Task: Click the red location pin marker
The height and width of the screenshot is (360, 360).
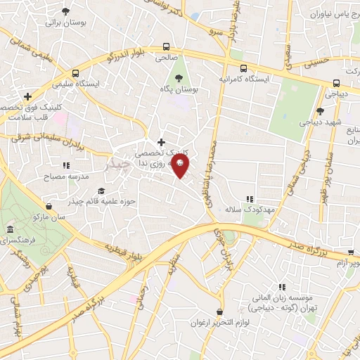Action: pyautogui.click(x=181, y=167)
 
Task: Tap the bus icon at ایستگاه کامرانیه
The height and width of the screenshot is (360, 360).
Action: pyautogui.click(x=243, y=69)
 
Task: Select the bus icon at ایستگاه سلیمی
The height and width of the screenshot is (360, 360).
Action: pyautogui.click(x=75, y=72)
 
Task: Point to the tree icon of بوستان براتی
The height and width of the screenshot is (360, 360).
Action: pyautogui.click(x=65, y=11)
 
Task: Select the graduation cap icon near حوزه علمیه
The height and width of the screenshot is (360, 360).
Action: pyautogui.click(x=101, y=191)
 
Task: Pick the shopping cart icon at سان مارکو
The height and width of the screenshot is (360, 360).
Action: pyautogui.click(x=49, y=206)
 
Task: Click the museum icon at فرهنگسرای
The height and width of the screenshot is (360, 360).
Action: pyautogui.click(x=10, y=230)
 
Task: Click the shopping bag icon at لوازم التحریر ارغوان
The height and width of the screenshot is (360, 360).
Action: pyautogui.click(x=220, y=311)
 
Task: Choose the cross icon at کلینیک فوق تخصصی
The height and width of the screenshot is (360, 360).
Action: pyautogui.click(x=27, y=96)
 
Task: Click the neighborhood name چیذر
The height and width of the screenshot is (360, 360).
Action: pyautogui.click(x=116, y=164)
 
